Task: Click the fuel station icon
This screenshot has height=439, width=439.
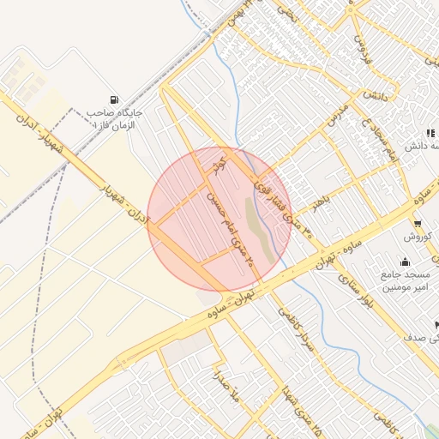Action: coord(115,99)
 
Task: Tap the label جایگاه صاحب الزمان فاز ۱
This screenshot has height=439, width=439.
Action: coord(117,117)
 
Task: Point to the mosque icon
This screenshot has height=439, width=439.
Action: coord(405,262)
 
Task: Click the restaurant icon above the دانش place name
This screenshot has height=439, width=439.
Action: coord(430,133)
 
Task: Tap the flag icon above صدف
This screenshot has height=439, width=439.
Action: coord(436,325)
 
